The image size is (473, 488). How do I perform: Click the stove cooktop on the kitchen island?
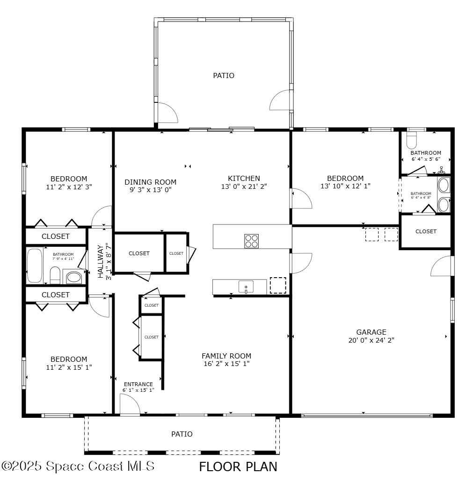coord(251,241)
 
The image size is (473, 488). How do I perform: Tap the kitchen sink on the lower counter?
coord(246,287)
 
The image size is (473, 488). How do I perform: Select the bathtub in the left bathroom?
coord(34,266)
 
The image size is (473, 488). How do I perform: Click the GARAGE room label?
coord(371,332)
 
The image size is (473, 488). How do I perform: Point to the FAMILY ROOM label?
coord(226,356)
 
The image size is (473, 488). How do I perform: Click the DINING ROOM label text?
coord(150,182)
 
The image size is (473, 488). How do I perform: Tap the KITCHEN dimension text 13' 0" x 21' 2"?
coord(244,187)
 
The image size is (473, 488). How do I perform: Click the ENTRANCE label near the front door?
coord(138,384)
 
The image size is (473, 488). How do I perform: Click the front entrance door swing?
coord(128,404)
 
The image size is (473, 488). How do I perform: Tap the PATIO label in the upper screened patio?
coord(224,75)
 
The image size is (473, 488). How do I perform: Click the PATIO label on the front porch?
coord(182,434)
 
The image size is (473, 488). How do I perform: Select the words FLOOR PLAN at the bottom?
coord(238,466)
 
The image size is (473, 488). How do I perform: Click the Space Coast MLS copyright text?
coord(78,466)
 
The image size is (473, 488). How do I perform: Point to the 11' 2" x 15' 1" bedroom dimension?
coord(69,367)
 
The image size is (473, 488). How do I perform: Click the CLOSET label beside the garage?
coord(426,231)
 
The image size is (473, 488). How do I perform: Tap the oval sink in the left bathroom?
coord(73,278)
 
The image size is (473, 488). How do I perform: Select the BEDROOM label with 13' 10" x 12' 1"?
coord(345,178)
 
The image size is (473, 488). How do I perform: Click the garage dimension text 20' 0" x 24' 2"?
coord(371,340)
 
